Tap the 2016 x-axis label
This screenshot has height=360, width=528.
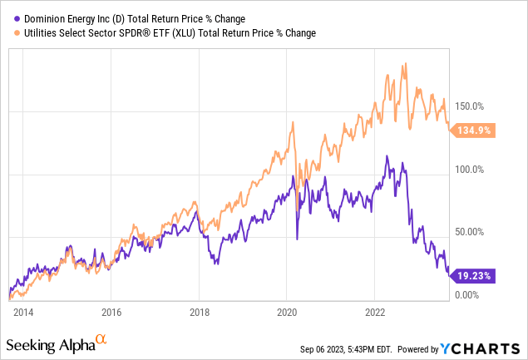[111, 313]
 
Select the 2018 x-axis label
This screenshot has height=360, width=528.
[200, 313]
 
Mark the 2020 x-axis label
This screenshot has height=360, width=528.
[288, 313]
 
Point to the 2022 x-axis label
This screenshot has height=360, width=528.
[376, 313]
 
